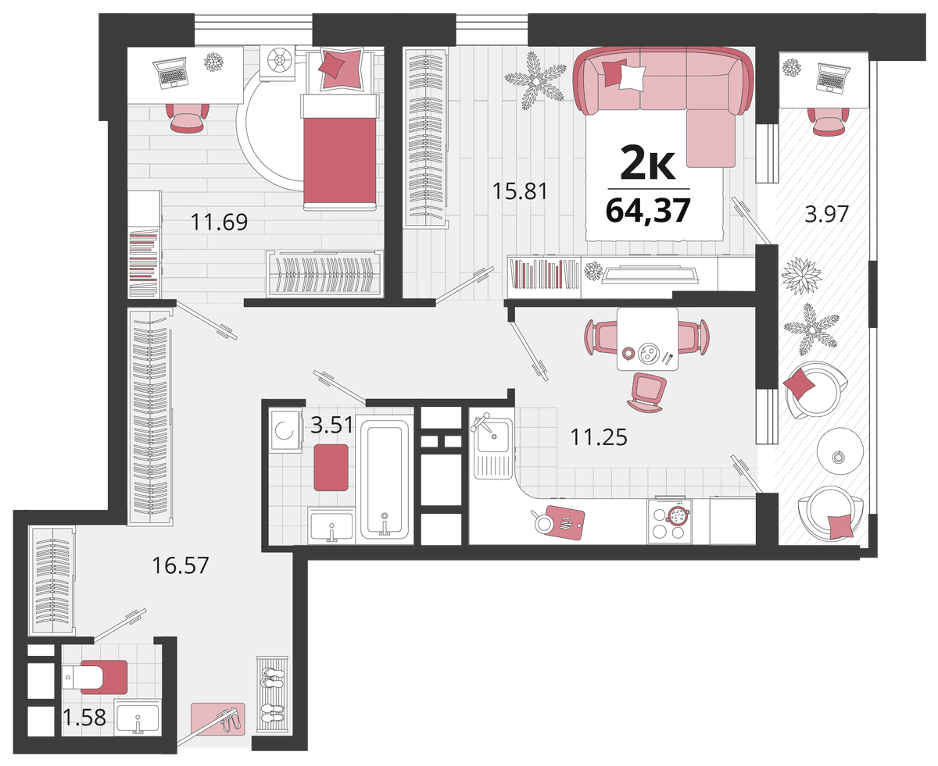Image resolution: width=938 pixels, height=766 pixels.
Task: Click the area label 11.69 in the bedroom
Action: click(x=219, y=222)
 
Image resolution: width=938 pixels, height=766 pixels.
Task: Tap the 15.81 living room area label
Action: click(x=520, y=191)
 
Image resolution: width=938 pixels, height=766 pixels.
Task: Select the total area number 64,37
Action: click(x=648, y=210)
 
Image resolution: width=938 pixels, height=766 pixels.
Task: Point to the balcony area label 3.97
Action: click(x=827, y=214)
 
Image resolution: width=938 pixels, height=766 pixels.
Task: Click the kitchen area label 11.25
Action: click(x=599, y=437)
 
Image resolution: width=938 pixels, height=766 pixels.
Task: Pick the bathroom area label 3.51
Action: click(x=331, y=425)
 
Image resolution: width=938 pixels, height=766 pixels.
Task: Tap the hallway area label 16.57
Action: click(x=180, y=565)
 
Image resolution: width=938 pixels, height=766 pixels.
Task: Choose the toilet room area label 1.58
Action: click(x=84, y=717)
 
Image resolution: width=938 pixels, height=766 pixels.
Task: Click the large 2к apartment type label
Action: click(x=648, y=162)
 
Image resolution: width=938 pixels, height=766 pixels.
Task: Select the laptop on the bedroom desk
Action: click(x=170, y=73)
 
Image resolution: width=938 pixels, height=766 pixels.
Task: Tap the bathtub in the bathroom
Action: click(x=385, y=480)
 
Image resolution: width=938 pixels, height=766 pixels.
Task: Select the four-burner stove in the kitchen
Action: click(x=670, y=522)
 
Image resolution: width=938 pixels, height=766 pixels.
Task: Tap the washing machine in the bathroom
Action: click(x=285, y=431)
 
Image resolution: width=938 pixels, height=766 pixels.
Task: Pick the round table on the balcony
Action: click(x=840, y=451)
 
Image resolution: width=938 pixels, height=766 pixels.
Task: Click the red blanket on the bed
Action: click(x=340, y=159)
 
